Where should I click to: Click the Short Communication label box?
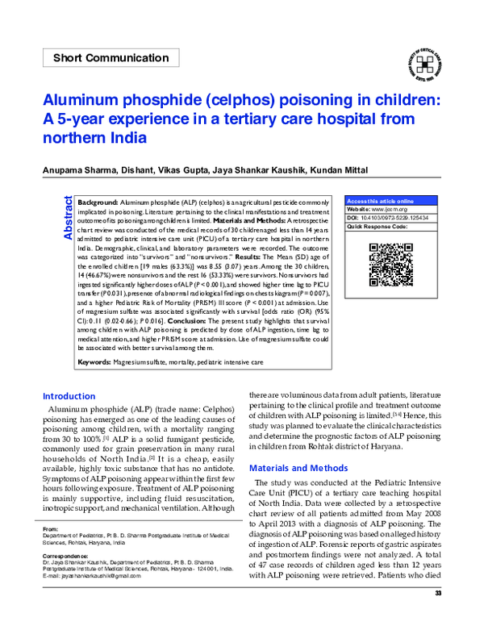tap(111, 57)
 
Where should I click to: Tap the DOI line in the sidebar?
tap(387, 218)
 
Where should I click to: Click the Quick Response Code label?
tap(376, 227)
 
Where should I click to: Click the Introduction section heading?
tap(69, 396)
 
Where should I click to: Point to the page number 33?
tap(439, 616)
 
